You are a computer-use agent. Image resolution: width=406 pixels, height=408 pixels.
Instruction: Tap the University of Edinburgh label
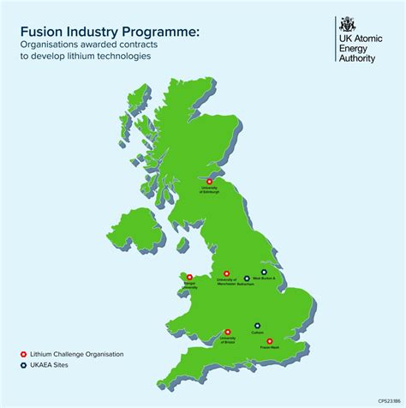point(211,191)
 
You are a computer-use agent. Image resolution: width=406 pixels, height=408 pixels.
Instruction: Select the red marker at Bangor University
point(188,277)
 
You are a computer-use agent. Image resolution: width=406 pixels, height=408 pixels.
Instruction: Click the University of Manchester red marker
point(226,273)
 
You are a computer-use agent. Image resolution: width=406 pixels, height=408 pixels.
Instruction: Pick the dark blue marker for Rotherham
point(247,278)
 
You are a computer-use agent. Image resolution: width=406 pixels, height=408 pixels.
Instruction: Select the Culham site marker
point(257,326)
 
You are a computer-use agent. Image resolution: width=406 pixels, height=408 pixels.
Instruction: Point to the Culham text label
point(257,334)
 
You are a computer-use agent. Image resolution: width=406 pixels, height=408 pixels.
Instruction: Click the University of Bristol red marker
point(227,332)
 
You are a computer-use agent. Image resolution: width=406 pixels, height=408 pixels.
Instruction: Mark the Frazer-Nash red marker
point(270,340)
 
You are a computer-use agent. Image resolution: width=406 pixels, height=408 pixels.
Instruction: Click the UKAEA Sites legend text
point(49,365)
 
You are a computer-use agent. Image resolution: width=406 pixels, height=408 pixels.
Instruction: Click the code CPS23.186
point(388,399)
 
